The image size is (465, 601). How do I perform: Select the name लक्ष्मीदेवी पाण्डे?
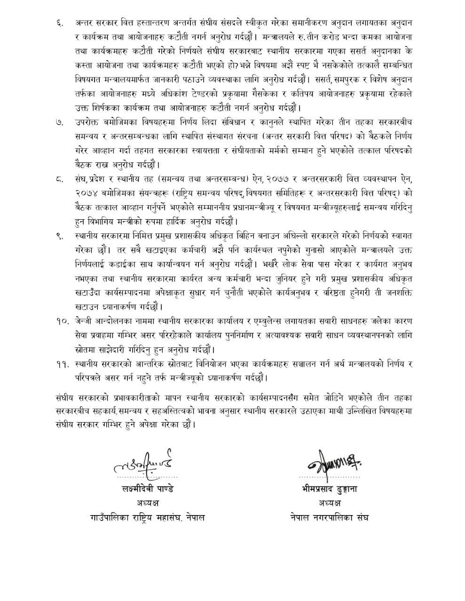click(x=146, y=489)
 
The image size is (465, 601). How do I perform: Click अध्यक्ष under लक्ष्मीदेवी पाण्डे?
click(x=146, y=503)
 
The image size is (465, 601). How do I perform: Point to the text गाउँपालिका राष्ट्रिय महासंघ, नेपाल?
click(x=147, y=517)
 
